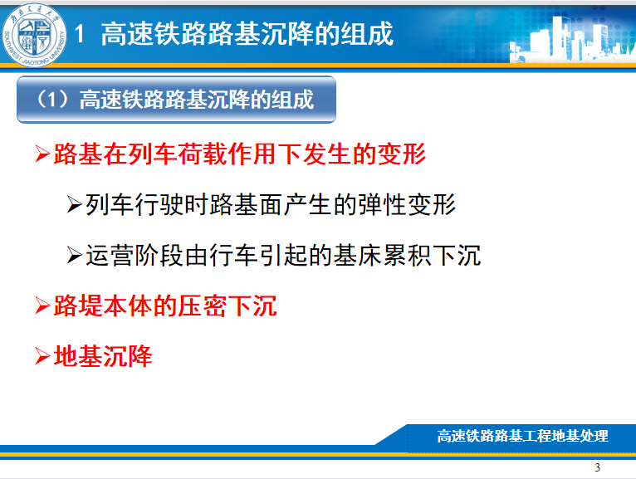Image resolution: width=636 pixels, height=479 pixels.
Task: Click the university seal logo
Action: (x=35, y=36)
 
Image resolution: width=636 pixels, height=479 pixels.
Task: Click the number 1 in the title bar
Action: (x=80, y=33)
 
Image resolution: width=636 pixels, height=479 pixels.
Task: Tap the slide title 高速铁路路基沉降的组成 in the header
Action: (x=247, y=34)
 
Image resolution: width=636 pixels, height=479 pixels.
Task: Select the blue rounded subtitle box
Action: (x=177, y=100)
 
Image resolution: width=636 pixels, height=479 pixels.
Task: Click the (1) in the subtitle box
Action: (x=52, y=100)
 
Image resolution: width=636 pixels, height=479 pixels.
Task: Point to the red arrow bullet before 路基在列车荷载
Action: (x=42, y=154)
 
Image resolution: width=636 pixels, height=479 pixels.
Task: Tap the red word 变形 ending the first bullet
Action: (x=402, y=154)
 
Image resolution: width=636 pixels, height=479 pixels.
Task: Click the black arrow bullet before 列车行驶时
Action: (x=75, y=204)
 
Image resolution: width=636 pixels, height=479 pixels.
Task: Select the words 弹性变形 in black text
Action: (x=407, y=204)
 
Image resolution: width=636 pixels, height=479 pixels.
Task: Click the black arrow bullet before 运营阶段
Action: (x=75, y=255)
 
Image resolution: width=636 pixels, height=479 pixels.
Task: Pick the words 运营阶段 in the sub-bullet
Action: (x=135, y=256)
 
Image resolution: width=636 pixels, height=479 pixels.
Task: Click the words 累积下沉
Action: (x=432, y=256)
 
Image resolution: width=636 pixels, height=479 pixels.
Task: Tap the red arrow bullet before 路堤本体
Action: (x=42, y=305)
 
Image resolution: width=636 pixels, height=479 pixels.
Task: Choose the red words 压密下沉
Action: (x=227, y=305)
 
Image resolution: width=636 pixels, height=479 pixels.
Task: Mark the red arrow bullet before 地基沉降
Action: (x=42, y=356)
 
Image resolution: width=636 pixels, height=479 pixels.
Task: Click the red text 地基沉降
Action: (x=103, y=356)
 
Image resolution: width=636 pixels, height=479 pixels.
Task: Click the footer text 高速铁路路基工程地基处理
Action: (x=522, y=436)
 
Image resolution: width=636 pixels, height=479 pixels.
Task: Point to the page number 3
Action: (x=597, y=467)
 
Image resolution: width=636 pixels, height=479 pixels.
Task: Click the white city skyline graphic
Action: (x=572, y=38)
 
